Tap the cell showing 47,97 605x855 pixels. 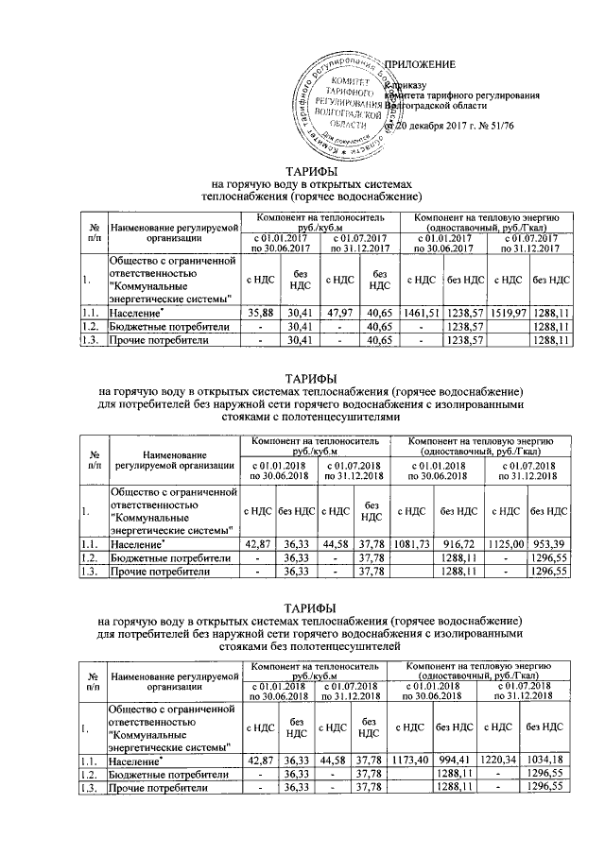click(339, 312)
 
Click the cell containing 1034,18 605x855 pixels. click(548, 760)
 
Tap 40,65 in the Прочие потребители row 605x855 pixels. click(381, 340)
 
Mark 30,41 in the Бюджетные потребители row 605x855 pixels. click(300, 326)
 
